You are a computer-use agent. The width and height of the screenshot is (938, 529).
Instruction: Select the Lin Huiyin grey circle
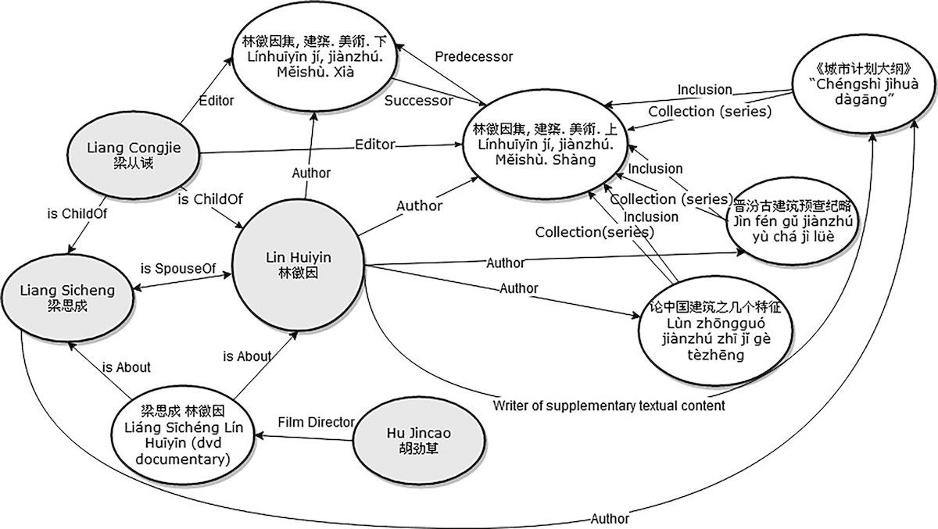pos(302,266)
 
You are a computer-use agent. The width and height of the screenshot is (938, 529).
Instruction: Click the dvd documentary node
pos(183,434)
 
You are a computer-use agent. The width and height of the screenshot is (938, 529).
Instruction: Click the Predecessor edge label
pos(474,56)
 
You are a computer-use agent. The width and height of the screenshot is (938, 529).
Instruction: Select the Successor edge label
pos(418,101)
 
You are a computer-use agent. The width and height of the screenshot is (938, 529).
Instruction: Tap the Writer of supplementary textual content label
pos(609,406)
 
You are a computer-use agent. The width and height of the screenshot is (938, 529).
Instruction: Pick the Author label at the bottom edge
pos(610,517)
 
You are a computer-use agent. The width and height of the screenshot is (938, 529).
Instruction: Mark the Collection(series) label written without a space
pos(594,232)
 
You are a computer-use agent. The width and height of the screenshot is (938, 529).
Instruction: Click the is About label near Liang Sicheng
pos(126,366)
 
